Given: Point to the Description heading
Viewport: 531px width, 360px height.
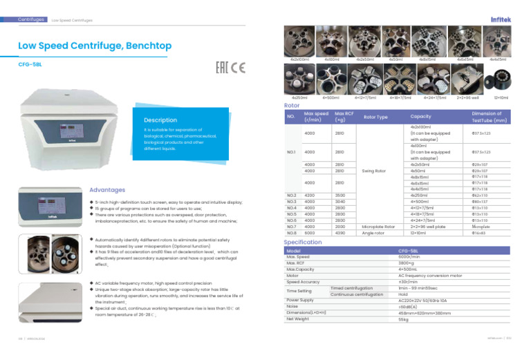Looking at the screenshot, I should point(161,119).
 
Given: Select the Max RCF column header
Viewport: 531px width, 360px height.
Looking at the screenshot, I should point(343,116).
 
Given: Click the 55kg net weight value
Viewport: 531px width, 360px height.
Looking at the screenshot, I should point(403,319).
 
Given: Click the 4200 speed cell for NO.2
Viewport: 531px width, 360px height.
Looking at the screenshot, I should point(310,196).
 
